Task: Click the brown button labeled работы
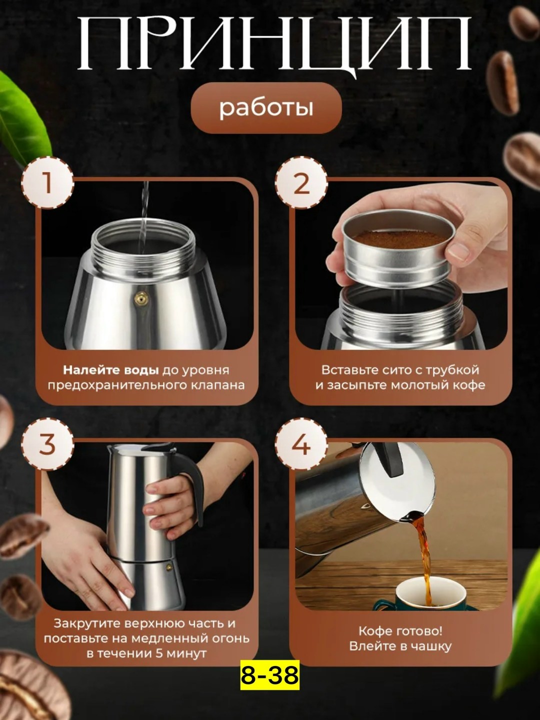(x=266, y=108)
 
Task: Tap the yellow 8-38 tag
(x=270, y=675)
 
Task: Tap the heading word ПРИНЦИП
(x=274, y=44)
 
